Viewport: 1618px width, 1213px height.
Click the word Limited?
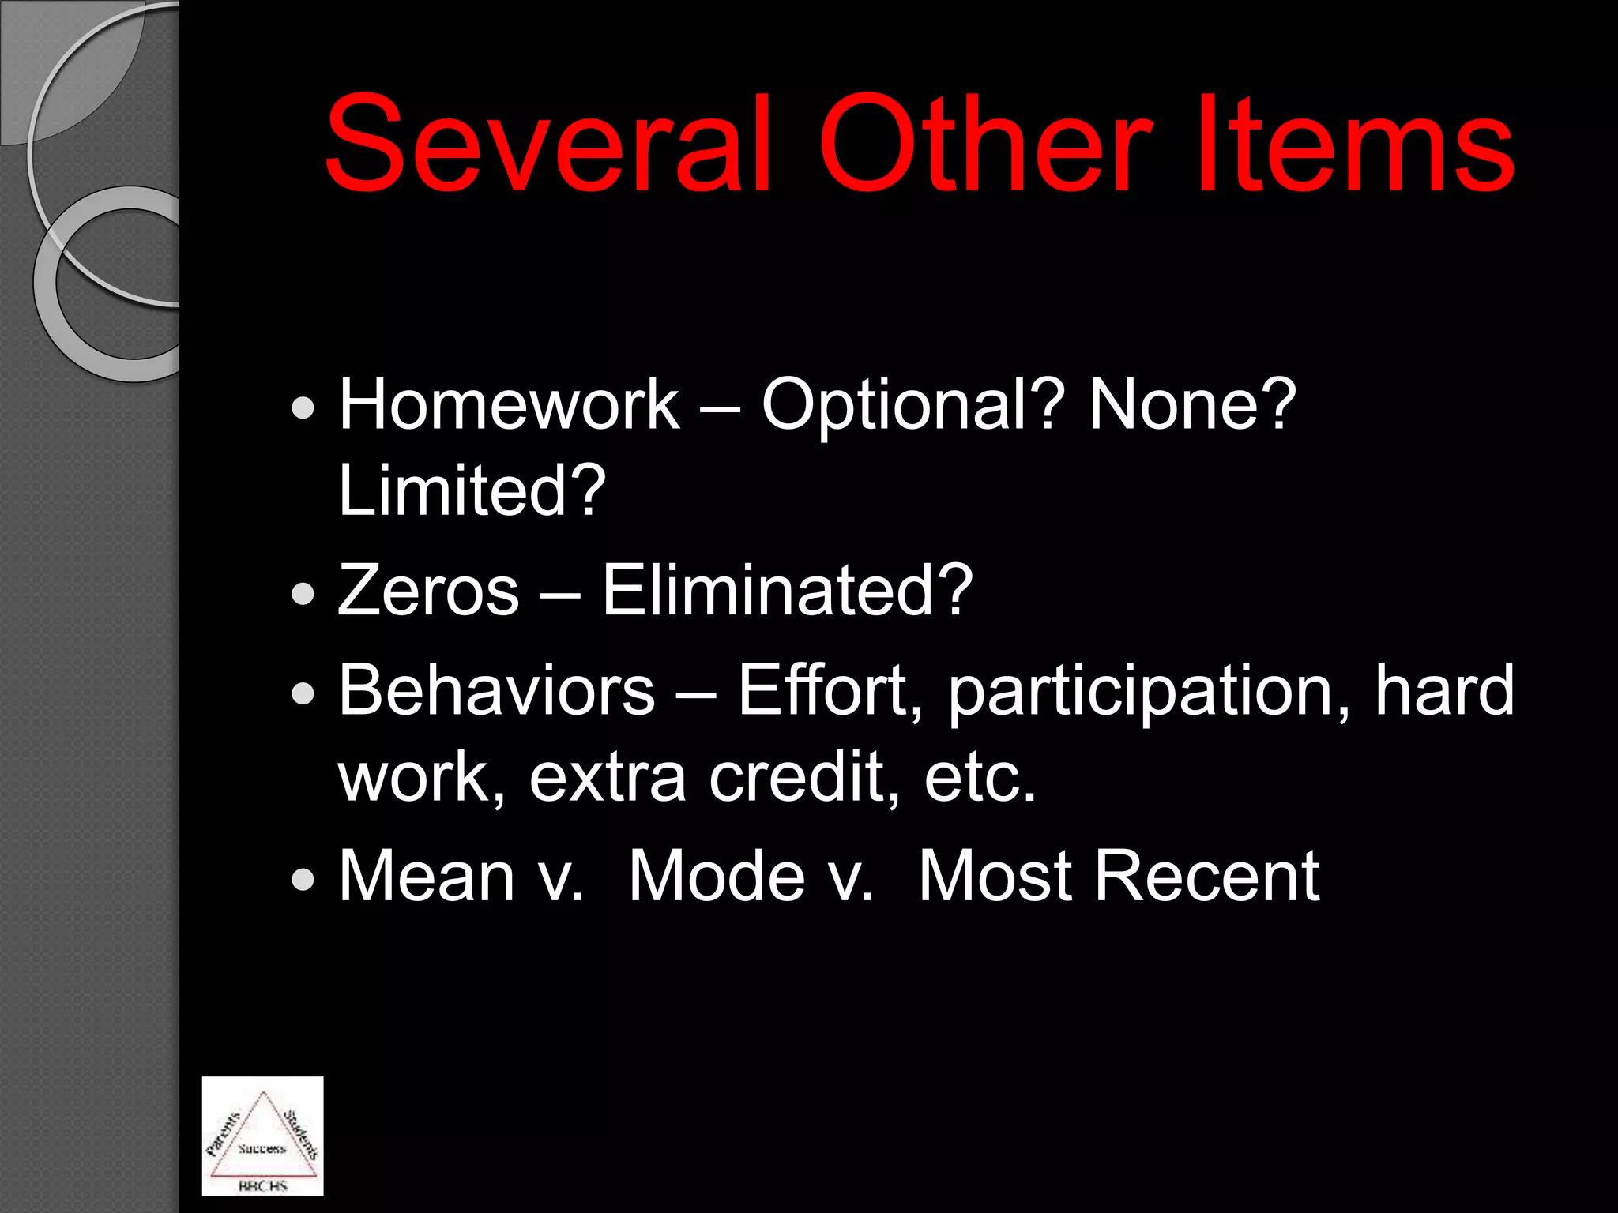(x=472, y=490)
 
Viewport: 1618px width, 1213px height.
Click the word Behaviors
(x=496, y=690)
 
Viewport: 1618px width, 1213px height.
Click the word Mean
(x=427, y=876)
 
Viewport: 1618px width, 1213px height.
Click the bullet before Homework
(x=303, y=409)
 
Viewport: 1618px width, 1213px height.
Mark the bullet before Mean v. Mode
(x=303, y=880)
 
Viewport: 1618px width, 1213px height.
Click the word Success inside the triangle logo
(x=262, y=1148)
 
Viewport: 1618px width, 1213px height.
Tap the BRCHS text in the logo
(x=262, y=1185)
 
